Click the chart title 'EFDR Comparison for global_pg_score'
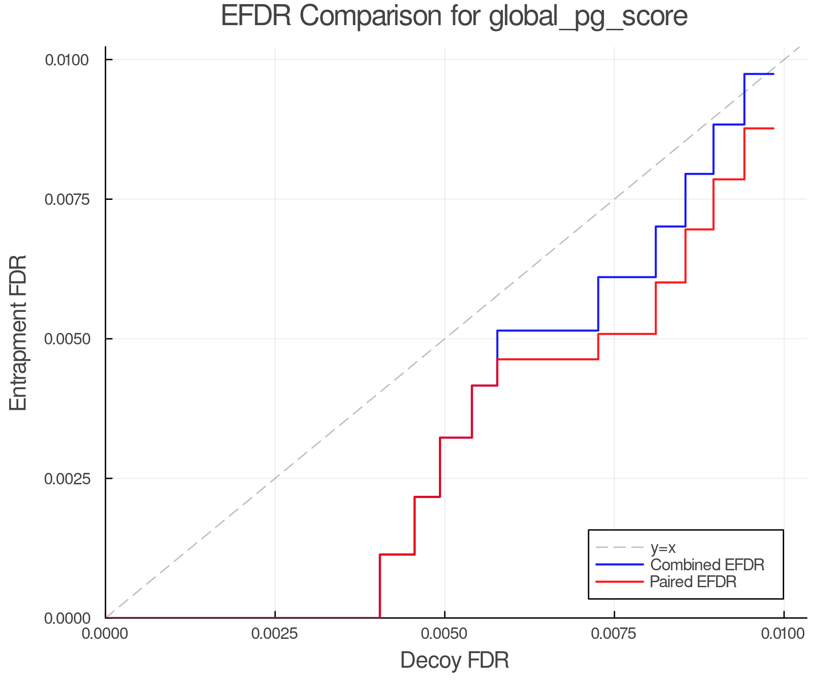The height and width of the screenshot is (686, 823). [x=454, y=16]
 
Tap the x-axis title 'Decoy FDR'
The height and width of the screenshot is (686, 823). [x=454, y=660]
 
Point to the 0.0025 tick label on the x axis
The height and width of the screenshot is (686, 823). [x=275, y=633]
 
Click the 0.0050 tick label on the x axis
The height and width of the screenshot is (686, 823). [x=444, y=633]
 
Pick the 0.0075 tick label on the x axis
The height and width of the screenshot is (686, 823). [x=614, y=633]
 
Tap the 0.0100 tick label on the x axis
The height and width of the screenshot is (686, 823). [x=784, y=633]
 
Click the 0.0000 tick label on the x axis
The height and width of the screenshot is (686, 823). [x=105, y=633]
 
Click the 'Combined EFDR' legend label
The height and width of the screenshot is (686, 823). [x=707, y=565]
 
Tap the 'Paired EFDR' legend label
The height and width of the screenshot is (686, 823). [x=693, y=582]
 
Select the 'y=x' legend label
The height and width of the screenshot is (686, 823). [x=663, y=547]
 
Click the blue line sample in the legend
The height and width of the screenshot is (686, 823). [x=620, y=565]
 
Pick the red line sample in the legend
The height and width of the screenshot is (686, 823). [x=620, y=582]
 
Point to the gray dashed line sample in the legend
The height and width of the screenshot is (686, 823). [x=620, y=547]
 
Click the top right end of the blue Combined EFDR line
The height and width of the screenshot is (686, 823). [x=773, y=74]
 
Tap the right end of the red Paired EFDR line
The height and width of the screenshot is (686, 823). [x=773, y=129]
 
